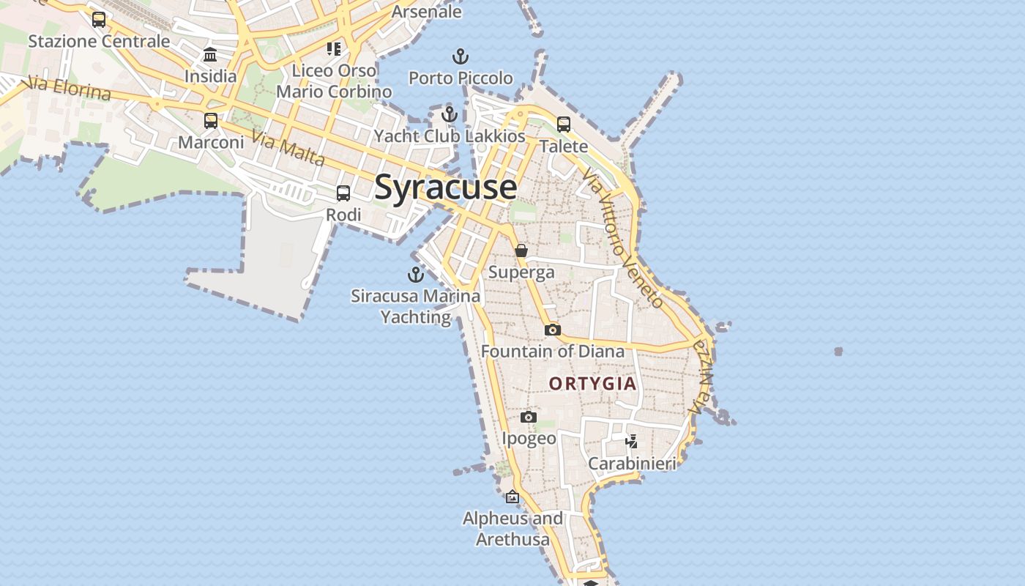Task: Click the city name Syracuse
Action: click(x=445, y=188)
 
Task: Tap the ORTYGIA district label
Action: click(x=592, y=384)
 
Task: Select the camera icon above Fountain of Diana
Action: click(x=553, y=330)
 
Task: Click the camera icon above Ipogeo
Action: click(x=529, y=418)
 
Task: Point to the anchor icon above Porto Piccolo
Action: click(x=461, y=56)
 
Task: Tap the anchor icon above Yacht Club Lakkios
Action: click(x=450, y=114)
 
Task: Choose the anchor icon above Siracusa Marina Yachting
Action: click(x=416, y=275)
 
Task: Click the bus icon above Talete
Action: click(x=564, y=125)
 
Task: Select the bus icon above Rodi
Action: click(x=343, y=193)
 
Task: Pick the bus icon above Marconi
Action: click(x=211, y=121)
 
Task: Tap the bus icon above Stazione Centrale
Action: click(x=99, y=20)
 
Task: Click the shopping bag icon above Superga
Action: click(x=521, y=251)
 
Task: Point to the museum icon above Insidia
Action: click(x=211, y=55)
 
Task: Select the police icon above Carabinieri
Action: click(x=632, y=441)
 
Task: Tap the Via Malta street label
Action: click(x=288, y=148)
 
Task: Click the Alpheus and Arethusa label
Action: click(x=512, y=529)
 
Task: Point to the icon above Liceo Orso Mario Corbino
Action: click(x=334, y=49)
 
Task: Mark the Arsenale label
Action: click(x=426, y=12)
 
